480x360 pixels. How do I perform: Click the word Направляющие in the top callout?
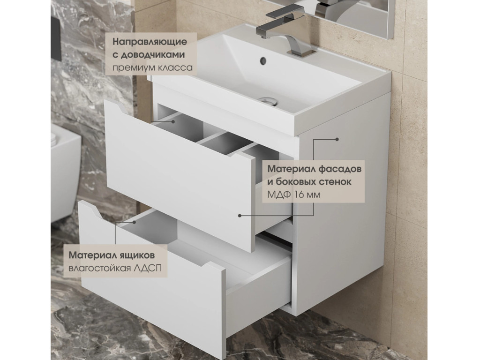pos(150,42)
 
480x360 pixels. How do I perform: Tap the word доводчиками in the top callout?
pos(153,55)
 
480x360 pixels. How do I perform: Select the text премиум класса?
pos(152,67)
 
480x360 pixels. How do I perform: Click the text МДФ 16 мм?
pos(294,195)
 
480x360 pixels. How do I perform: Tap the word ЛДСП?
pos(148,268)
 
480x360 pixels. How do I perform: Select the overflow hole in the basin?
pos(263,60)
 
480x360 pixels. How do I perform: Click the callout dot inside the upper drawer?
pos(173,121)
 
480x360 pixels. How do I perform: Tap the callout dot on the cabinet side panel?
pos(337,139)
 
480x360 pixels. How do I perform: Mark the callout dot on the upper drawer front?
pos(240,216)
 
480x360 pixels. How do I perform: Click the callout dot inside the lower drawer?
pos(134,222)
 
